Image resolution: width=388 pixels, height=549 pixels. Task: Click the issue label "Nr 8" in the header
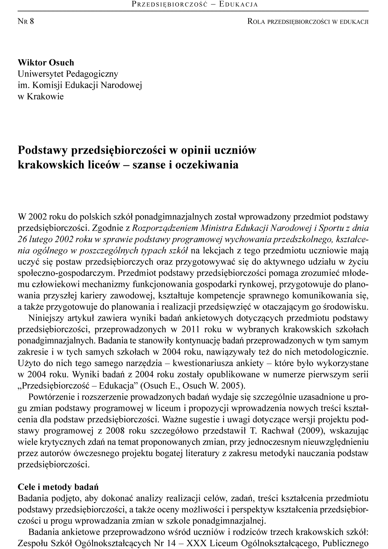tap(26, 21)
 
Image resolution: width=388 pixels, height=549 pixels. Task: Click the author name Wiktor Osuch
tap(46, 62)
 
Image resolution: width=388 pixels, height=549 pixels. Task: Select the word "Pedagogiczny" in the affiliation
tap(92, 74)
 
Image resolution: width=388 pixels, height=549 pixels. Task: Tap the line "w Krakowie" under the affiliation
tap(41, 96)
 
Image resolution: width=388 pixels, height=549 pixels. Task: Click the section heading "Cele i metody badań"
tap(58, 487)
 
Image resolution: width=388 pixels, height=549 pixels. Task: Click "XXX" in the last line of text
tap(196, 543)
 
